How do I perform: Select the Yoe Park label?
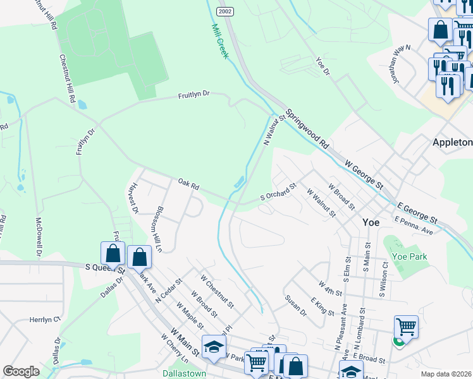coord(409,256)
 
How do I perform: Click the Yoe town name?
coord(371,222)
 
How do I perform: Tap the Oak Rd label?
coord(188,186)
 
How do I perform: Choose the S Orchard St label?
coord(279,193)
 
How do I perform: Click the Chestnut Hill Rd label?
coord(67,78)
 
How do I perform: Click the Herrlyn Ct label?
coord(44,320)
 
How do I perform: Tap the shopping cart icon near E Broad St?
coord(406,327)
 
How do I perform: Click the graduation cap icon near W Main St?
coord(214,346)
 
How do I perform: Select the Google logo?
coord(21,371)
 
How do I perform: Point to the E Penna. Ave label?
coord(413,225)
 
